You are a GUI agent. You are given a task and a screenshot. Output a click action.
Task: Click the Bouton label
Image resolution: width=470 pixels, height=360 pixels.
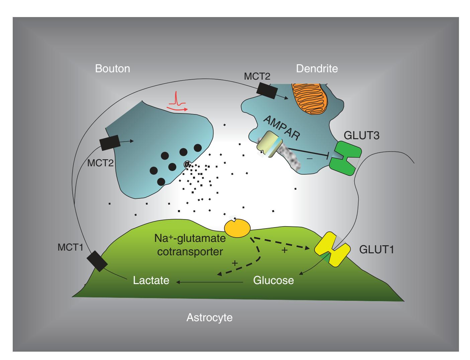(x=112, y=69)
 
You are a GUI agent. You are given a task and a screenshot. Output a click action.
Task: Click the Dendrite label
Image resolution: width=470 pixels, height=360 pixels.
(x=317, y=69)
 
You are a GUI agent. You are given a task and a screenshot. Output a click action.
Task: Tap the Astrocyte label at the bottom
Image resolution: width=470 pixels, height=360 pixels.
(x=209, y=318)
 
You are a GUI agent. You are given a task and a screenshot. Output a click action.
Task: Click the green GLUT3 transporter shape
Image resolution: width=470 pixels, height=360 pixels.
(x=345, y=158)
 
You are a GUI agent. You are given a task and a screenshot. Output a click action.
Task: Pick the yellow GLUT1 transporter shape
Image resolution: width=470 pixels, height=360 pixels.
(x=332, y=249)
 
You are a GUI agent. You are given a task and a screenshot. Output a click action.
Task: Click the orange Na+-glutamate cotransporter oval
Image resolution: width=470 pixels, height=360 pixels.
(x=237, y=228)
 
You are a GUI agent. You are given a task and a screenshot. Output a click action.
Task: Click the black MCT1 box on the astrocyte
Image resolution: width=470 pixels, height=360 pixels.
(x=96, y=261)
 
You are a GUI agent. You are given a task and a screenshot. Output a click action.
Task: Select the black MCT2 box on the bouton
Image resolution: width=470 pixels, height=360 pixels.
(x=110, y=143)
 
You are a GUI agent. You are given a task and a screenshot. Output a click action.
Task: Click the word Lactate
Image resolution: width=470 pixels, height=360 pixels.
(x=151, y=280)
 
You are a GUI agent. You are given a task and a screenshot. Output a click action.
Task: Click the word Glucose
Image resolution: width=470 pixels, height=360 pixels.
(x=273, y=280)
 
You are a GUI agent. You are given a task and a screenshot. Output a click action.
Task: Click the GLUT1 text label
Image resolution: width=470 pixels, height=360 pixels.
(x=377, y=250)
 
